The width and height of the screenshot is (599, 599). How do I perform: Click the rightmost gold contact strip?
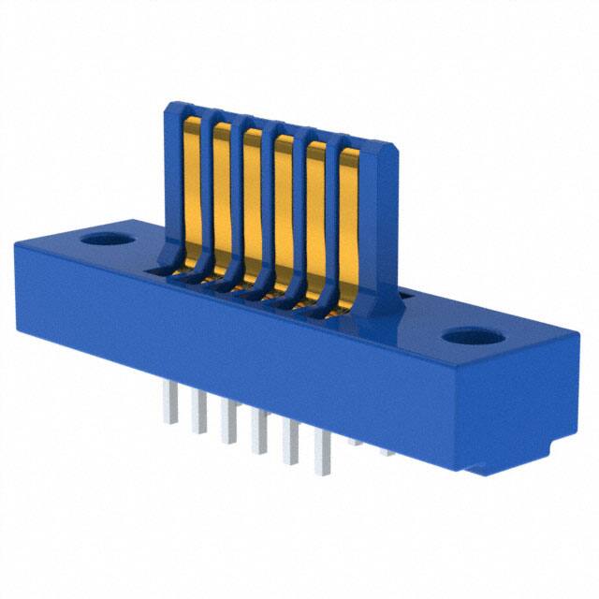tap(348, 234)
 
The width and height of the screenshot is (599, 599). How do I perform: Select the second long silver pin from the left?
tap(199, 417)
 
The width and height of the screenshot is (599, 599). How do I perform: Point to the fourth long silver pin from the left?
tap(260, 436)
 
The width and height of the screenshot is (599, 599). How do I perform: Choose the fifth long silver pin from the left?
tap(292, 446)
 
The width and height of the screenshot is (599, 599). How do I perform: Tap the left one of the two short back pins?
tap(355, 441)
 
